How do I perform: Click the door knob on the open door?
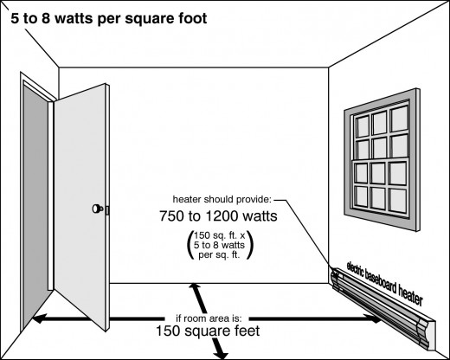pyautogui.click(x=97, y=209)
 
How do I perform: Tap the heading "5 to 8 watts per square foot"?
pyautogui.click(x=109, y=18)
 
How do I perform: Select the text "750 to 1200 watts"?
pyautogui.click(x=218, y=216)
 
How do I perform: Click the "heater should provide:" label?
pyautogui.click(x=222, y=199)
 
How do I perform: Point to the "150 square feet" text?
pyautogui.click(x=208, y=331)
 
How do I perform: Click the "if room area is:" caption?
pyautogui.click(x=209, y=318)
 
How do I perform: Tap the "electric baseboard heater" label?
pyautogui.click(x=385, y=283)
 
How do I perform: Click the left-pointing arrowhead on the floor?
pyautogui.click(x=39, y=318)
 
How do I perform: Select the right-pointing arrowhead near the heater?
pyautogui.click(x=375, y=318)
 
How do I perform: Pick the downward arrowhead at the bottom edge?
pyautogui.click(x=222, y=354)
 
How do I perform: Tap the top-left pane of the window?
pyautogui.click(x=363, y=126)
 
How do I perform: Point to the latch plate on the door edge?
pyautogui.click(x=107, y=210)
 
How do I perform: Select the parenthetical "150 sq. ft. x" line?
pyautogui.click(x=220, y=235)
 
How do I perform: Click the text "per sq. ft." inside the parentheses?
pyautogui.click(x=219, y=255)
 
